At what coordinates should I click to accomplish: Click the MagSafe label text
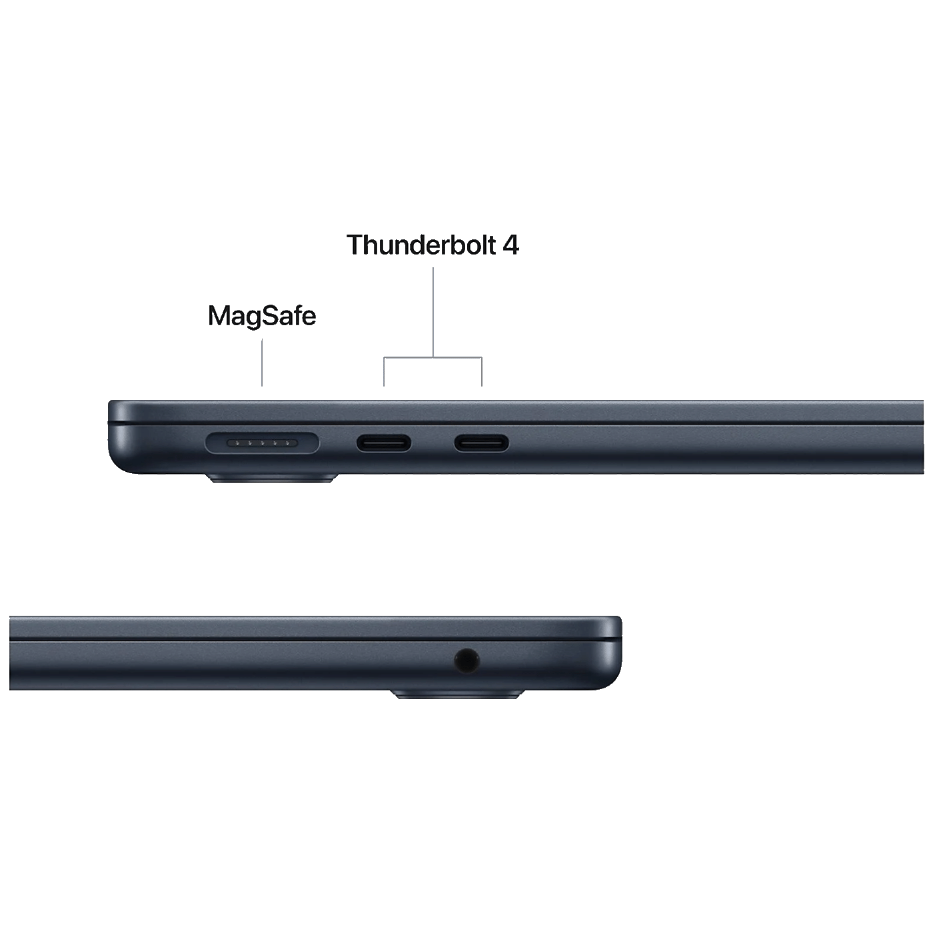262,316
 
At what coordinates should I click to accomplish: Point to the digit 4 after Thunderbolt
510,245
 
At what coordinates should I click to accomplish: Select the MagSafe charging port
262,443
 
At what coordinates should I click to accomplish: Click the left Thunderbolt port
384,443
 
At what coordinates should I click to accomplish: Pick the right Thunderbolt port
481,443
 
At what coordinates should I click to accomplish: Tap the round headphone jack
467,661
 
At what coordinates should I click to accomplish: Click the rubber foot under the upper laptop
272,478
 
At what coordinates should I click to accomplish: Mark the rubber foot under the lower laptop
458,694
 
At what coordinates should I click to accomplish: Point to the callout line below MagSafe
262,363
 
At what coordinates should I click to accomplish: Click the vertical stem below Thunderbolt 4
433,313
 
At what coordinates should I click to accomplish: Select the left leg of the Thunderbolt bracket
384,372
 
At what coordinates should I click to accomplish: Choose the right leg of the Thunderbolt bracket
482,372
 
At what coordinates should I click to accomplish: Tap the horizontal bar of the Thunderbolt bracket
433,358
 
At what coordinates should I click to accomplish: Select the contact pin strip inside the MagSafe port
262,443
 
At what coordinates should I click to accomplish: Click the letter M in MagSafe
219,316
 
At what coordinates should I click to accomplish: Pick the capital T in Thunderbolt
355,245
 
